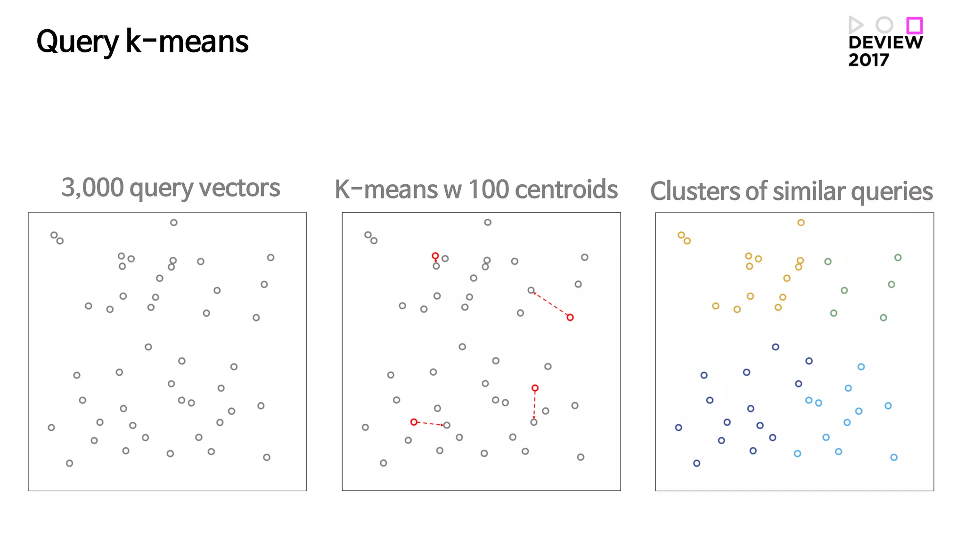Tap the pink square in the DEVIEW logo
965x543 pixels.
pos(915,25)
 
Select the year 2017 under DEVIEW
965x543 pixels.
pos(868,60)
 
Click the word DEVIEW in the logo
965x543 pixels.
pos(885,42)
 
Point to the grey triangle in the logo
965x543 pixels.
pos(855,25)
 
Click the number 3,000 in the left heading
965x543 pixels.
pos(92,188)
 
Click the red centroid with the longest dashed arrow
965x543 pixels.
pos(570,318)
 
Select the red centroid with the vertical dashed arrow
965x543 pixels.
pos(535,388)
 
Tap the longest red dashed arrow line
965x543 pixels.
pos(550,304)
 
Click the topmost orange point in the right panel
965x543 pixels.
pos(801,222)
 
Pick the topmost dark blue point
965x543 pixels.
pos(776,347)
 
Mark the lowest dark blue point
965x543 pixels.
pos(697,463)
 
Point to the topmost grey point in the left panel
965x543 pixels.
pos(174,222)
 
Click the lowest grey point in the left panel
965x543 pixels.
pos(70,463)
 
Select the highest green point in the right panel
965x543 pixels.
pos(898,257)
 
